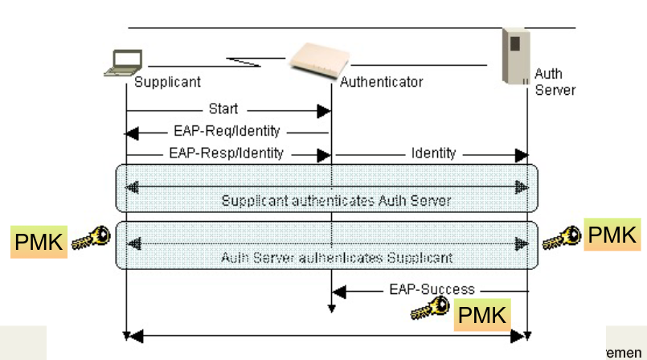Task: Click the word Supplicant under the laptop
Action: [x=167, y=82]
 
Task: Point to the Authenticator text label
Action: [x=381, y=82]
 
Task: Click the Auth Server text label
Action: [x=555, y=82]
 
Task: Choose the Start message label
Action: [x=223, y=108]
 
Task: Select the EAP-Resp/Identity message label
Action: [x=226, y=152]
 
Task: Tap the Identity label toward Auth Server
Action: [x=433, y=152]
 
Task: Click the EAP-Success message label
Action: [x=432, y=288]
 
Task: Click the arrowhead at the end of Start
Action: [x=326, y=108]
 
